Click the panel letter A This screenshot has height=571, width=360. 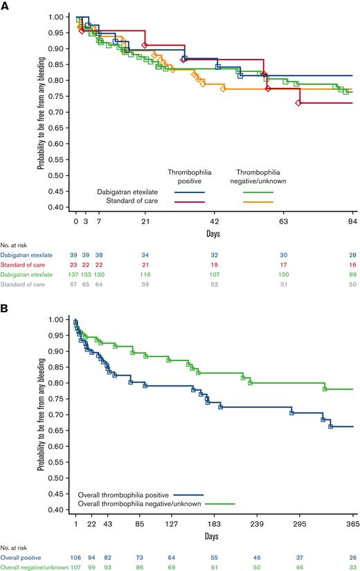[6, 6]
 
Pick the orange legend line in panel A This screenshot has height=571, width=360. [258, 201]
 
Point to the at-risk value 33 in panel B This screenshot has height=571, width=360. [353, 568]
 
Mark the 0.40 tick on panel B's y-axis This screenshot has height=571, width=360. [62, 509]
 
